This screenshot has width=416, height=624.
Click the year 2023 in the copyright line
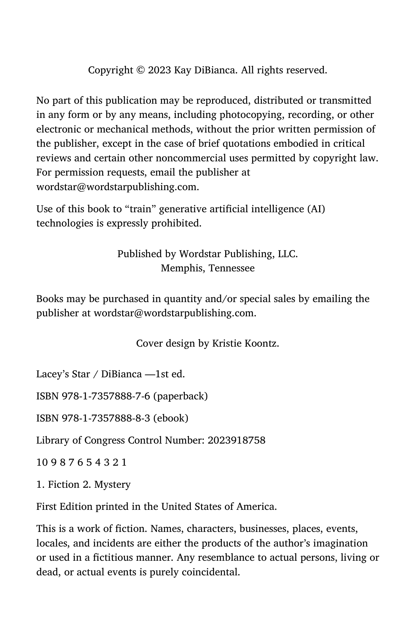point(160,70)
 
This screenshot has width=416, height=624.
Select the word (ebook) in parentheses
point(171,418)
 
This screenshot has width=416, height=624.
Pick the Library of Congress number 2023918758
point(236,440)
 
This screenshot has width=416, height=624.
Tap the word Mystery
point(112,485)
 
